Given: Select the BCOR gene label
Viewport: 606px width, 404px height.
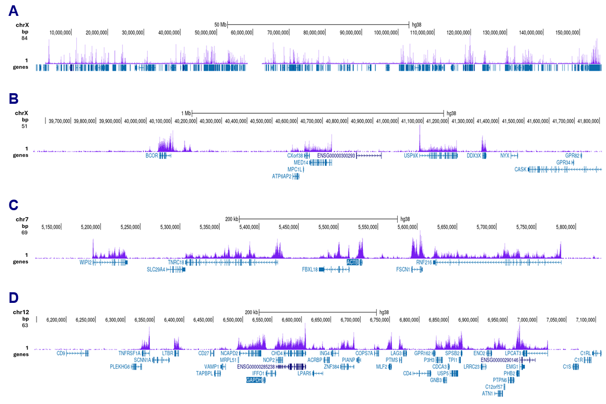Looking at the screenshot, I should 151,156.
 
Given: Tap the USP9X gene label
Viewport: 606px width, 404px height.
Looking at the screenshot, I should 411,156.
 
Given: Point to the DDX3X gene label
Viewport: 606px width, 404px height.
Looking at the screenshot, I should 474,156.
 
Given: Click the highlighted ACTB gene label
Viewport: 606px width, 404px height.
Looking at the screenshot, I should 352,262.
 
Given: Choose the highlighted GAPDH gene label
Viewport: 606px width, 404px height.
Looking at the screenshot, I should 254,380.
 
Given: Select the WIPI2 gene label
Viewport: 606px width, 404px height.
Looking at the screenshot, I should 85,262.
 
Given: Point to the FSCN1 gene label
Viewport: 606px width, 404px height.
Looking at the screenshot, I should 404,269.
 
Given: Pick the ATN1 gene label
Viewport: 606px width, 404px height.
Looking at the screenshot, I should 487,393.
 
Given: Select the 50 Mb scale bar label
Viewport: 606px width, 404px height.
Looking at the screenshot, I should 220,24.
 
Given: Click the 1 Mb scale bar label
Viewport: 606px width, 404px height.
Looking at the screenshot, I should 185,113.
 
